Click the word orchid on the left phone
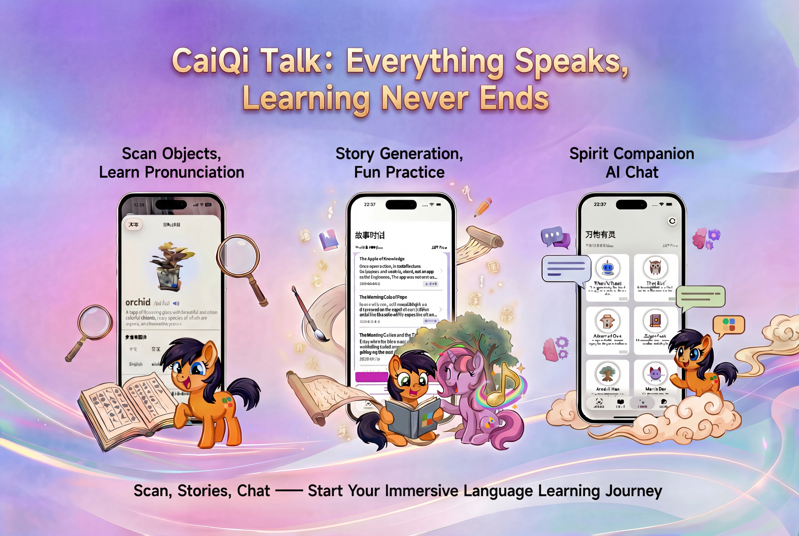tap(138, 302)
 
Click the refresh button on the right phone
tap(672, 221)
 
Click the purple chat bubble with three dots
tap(552, 236)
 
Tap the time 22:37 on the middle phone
tap(370, 204)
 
